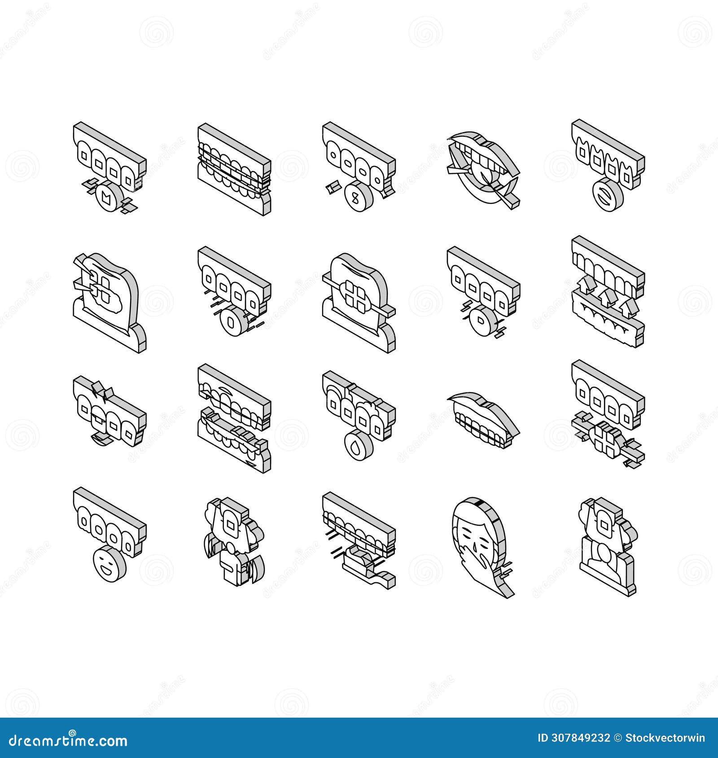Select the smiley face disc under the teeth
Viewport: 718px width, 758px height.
click(109, 563)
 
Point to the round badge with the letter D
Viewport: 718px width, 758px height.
click(482, 321)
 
